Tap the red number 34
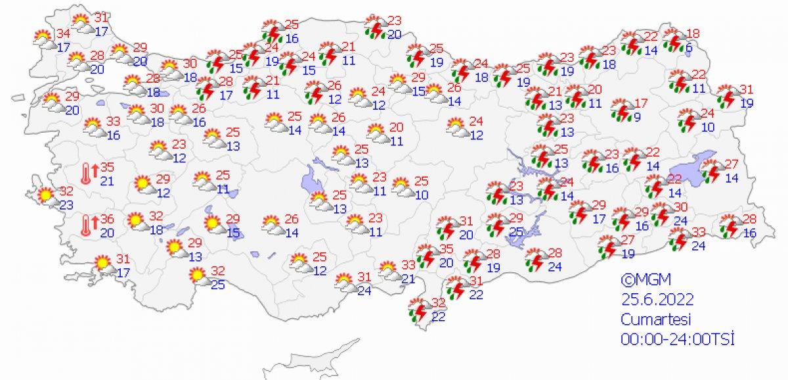coord(63,34)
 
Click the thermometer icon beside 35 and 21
coord(87,174)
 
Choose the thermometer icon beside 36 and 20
coord(87,226)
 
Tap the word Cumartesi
coord(654,319)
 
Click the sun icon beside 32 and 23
coord(45,196)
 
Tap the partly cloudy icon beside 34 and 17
coord(45,41)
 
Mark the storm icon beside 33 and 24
coord(680,239)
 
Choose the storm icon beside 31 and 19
coord(726,96)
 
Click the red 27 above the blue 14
coord(732,164)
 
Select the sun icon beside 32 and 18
coord(136,222)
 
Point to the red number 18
coord(693,34)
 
